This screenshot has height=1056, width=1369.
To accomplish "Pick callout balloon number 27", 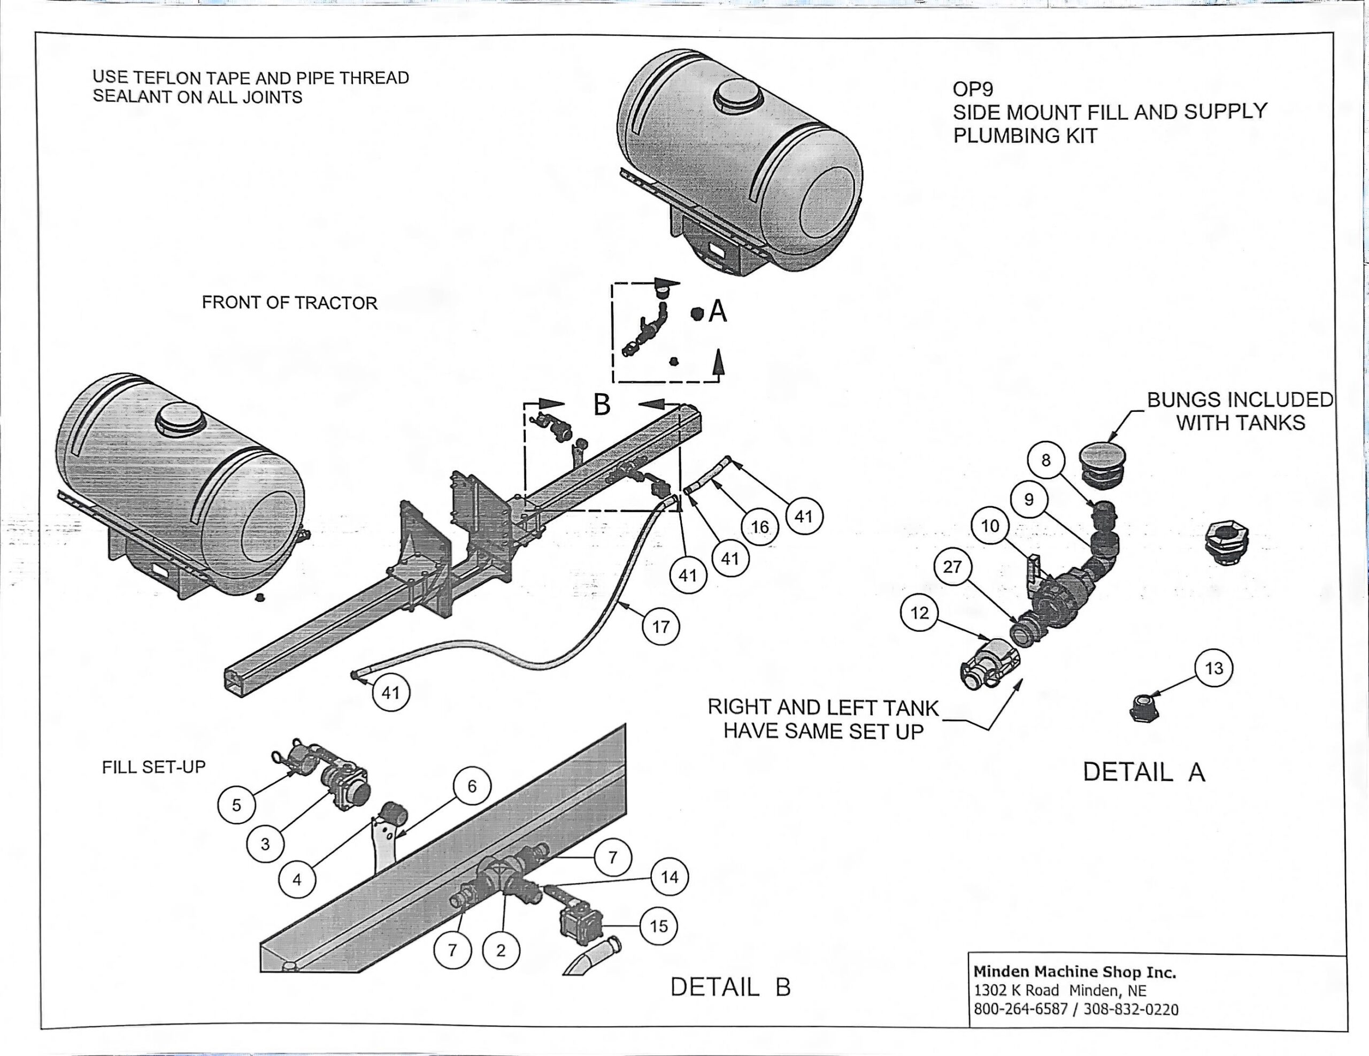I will click(x=952, y=567).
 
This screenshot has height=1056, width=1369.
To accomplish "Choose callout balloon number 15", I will click(x=659, y=926).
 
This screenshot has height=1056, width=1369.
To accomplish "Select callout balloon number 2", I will click(x=500, y=951).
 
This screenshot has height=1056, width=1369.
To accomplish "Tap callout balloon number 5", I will click(x=236, y=805).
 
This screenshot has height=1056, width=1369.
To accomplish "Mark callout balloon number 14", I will click(x=670, y=877).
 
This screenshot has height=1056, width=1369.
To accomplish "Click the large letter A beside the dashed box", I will click(x=718, y=311).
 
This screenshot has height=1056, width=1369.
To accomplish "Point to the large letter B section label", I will click(x=602, y=404).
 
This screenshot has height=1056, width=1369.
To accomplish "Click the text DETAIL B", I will click(x=730, y=987).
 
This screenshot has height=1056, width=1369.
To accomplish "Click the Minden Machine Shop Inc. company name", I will click(x=1074, y=972).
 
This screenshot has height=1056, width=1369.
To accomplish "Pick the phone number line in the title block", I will click(x=1075, y=1009).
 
